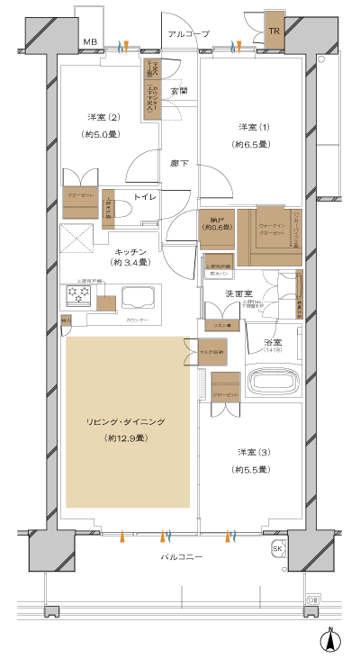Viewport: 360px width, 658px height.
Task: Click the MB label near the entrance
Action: coord(89,41)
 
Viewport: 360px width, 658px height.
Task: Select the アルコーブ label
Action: coord(187,33)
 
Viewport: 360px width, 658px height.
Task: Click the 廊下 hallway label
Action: coord(178,163)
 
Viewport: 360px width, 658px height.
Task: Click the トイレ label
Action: coord(146,195)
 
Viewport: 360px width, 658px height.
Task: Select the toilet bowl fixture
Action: coord(122,209)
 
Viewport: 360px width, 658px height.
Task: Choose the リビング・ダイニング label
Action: coord(126,421)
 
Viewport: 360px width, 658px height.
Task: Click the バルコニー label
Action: coord(182,557)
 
